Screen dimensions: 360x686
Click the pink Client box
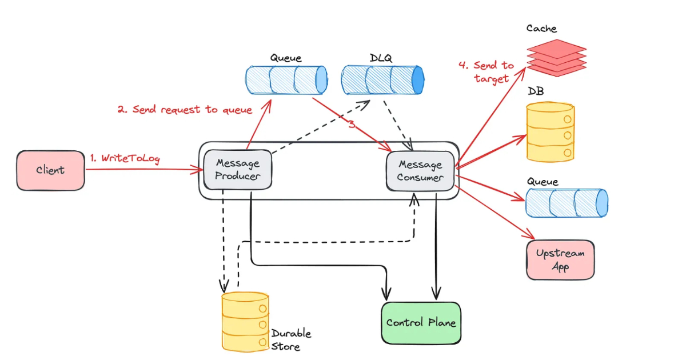pyautogui.click(x=50, y=170)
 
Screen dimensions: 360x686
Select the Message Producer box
pyautogui.click(x=237, y=169)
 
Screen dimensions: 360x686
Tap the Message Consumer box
pyautogui.click(x=421, y=171)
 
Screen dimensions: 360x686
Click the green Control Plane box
pyautogui.click(x=421, y=323)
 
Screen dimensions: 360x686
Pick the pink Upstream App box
pyautogui.click(x=560, y=260)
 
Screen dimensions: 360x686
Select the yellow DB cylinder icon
pyautogui.click(x=550, y=132)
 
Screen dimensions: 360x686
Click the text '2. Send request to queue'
pyautogui.click(x=185, y=109)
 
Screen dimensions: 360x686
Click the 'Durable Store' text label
pyautogui.click(x=291, y=339)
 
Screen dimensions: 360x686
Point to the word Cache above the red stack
pyautogui.click(x=541, y=28)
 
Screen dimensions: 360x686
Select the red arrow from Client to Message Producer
pyautogui.click(x=143, y=169)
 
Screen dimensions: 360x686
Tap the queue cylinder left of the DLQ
pyautogui.click(x=286, y=79)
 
